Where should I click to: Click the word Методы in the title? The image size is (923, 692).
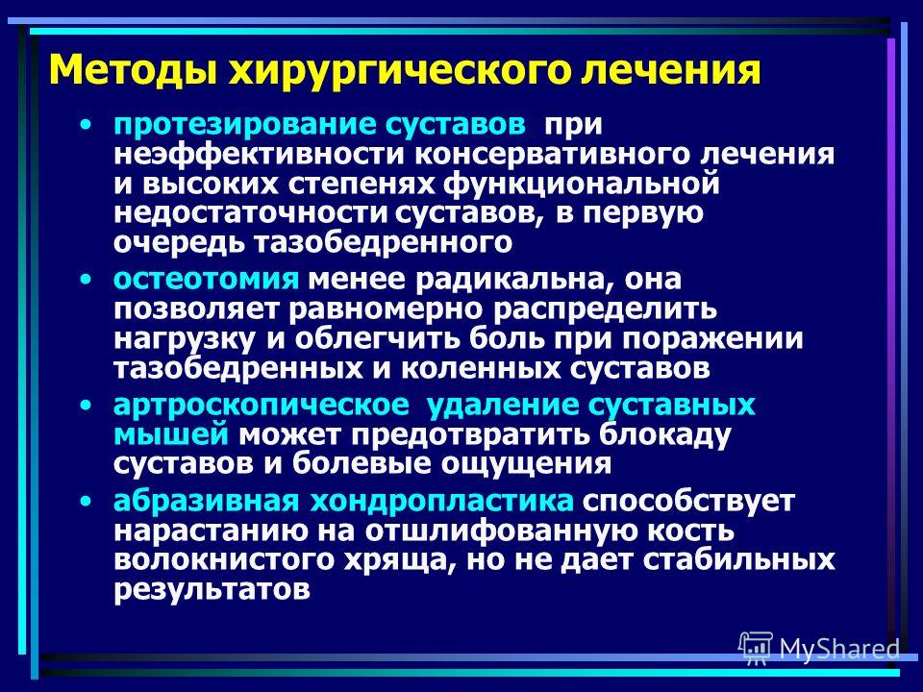133,69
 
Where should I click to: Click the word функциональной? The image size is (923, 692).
582,185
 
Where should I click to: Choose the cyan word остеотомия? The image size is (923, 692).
206,279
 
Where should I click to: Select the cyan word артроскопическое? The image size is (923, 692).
261,406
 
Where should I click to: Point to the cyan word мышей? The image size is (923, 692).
171,434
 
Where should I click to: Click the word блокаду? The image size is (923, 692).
665,434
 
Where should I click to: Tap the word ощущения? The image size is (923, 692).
526,464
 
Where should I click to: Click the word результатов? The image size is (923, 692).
212,589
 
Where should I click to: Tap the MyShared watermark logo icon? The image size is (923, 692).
756,649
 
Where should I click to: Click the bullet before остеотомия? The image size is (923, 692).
87,279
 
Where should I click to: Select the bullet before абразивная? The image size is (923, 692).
87,502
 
